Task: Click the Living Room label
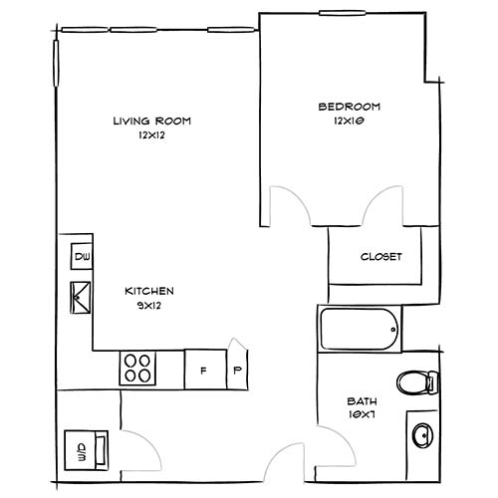[150, 121]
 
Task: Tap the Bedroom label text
[349, 106]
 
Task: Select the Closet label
[380, 256]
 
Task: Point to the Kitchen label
[149, 291]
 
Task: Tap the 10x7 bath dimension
[360, 416]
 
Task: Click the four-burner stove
[139, 369]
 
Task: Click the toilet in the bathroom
[417, 381]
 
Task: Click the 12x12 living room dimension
[150, 135]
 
